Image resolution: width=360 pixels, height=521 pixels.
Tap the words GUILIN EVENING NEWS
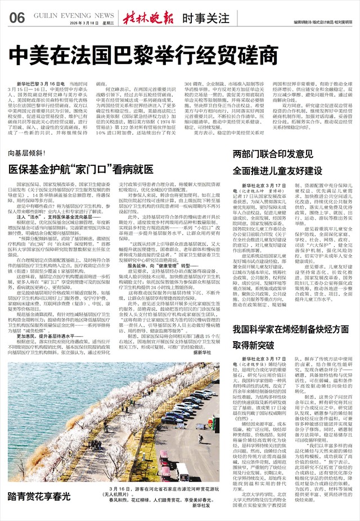tap(74, 15)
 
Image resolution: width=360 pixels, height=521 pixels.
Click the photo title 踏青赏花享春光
tap(39, 496)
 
